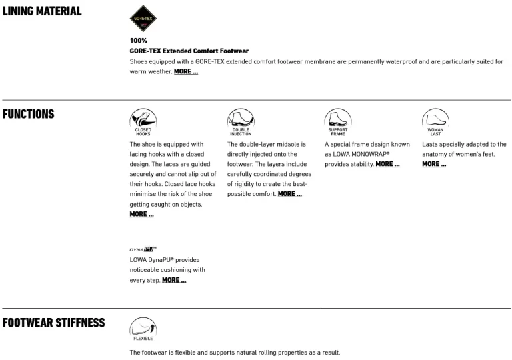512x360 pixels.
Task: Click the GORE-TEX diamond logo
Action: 143,19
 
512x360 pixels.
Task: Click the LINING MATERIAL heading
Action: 41,11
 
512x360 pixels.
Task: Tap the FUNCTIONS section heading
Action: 28,113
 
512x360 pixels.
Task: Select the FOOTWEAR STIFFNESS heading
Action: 53,323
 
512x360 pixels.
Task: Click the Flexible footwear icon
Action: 143,328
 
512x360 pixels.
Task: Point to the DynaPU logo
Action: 143,249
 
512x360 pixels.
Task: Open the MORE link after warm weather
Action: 186,71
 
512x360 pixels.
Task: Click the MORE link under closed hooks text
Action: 141,214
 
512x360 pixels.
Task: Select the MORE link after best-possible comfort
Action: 289,194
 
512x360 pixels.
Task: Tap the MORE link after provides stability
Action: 387,164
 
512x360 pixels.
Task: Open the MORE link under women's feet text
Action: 434,164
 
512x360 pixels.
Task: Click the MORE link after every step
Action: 174,280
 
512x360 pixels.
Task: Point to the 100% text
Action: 138,41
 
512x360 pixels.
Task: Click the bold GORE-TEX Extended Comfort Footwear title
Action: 189,51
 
